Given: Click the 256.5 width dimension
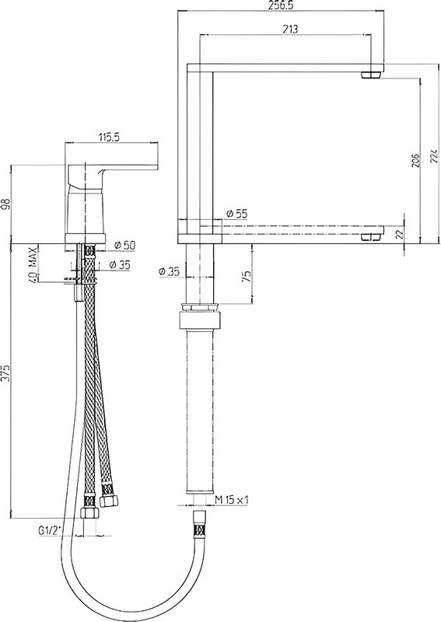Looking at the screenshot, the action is coord(282,5).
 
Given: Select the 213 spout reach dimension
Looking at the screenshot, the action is coord(291,29).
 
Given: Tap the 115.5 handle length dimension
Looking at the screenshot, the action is coord(109,137).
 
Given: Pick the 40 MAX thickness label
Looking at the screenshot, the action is coord(35,264).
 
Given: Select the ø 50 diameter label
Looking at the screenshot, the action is coord(124,246).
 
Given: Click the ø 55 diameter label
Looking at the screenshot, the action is coord(236,214).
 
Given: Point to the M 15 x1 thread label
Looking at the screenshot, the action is coord(232,500).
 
